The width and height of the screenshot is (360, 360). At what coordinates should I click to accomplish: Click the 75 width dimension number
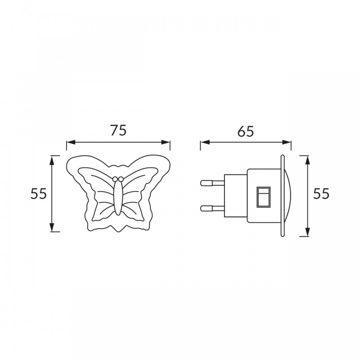click(x=118, y=130)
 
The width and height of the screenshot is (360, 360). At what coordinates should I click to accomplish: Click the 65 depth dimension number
click(x=245, y=131)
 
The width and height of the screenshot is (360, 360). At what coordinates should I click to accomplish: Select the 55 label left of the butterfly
click(x=39, y=193)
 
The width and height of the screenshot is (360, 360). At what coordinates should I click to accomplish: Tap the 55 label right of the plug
click(x=321, y=193)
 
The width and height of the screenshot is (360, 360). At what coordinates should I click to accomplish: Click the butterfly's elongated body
click(x=118, y=198)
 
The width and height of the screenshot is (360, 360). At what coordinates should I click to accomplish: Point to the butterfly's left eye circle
click(x=115, y=179)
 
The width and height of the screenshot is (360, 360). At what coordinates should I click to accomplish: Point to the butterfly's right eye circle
click(x=121, y=179)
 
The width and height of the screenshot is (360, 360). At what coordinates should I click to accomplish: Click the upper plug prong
click(x=212, y=183)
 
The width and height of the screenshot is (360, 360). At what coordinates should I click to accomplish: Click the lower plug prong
click(x=212, y=208)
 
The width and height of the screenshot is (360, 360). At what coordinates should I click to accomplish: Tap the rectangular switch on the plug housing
click(x=263, y=197)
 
